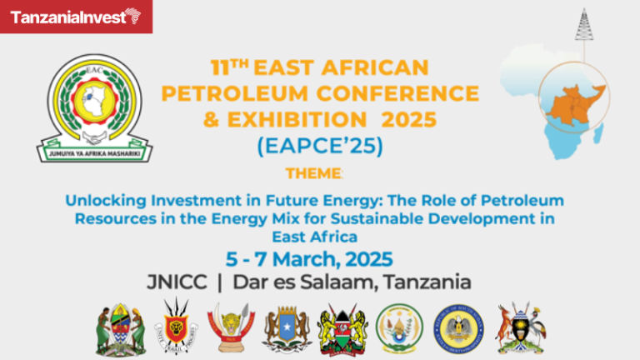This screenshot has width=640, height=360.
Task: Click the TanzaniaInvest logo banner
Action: pos(76,16)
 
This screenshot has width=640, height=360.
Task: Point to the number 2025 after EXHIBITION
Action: pos(405,119)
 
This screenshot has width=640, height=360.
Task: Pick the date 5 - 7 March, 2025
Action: pos(320,257)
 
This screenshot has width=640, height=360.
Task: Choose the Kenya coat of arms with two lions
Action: pos(342,327)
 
